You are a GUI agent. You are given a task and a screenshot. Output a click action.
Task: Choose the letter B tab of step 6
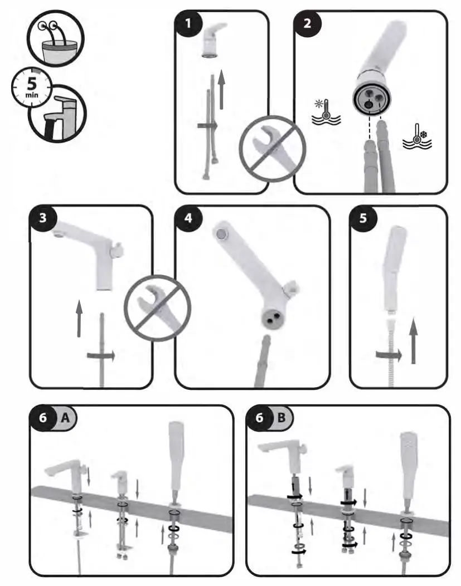(x=282, y=419)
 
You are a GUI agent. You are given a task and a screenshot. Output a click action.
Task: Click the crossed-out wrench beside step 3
(x=157, y=306)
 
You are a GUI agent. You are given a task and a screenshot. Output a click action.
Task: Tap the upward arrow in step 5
(x=413, y=342)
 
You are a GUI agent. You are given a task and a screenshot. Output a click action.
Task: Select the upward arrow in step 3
(x=78, y=318)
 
